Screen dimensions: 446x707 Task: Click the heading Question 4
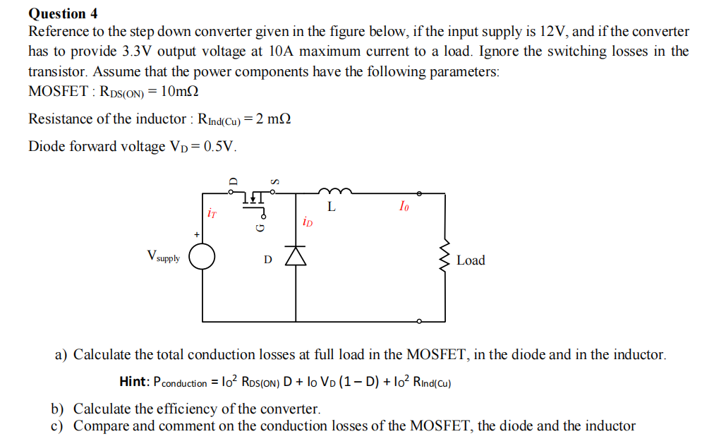click(x=63, y=13)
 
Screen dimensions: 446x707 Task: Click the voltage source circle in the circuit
click(x=202, y=257)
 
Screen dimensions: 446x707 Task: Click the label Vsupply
click(x=163, y=257)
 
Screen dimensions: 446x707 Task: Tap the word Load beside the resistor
click(x=471, y=260)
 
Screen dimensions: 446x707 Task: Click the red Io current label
click(x=404, y=206)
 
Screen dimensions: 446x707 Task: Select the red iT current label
click(x=211, y=211)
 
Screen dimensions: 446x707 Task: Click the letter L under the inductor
click(x=331, y=208)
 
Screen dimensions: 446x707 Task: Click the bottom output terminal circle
click(x=421, y=322)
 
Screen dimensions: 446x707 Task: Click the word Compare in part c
click(x=99, y=426)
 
